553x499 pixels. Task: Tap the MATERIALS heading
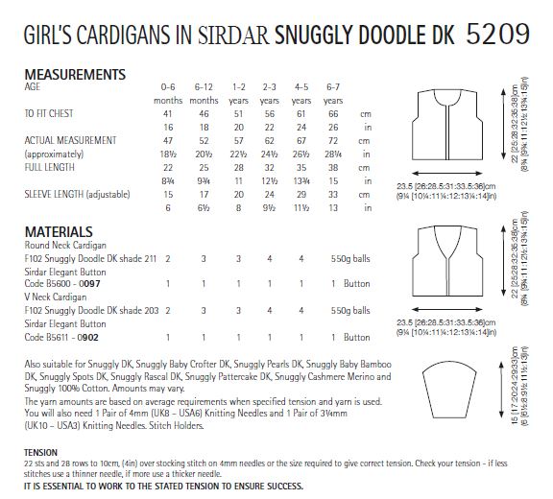pos(59,231)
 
